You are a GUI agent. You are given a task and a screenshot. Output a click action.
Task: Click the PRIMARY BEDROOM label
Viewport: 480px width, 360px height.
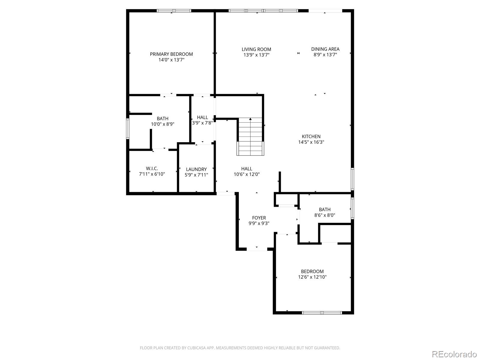171,54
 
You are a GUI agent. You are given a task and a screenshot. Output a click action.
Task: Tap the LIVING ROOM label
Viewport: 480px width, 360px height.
256,49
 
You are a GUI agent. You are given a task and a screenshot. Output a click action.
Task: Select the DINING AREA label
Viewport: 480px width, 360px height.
325,49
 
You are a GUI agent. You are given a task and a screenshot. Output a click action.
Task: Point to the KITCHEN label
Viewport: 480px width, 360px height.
311,136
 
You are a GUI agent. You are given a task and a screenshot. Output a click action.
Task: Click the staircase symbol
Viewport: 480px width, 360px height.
251,136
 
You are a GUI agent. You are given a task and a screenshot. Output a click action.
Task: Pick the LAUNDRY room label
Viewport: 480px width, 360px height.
196,169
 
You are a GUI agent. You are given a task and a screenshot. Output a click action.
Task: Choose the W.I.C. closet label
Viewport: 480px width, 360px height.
152,169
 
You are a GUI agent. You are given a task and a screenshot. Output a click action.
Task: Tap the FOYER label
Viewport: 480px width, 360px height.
259,218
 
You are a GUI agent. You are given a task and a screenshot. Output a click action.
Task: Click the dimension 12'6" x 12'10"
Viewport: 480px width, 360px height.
312,277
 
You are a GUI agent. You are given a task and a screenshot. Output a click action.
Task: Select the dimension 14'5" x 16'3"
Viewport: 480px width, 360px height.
311,142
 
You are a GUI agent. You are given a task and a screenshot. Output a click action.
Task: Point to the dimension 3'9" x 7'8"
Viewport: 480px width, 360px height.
202,123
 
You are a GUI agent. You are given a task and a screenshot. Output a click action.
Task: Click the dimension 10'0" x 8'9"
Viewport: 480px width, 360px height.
163,124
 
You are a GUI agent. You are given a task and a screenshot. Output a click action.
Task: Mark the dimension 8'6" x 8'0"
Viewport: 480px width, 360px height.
325,215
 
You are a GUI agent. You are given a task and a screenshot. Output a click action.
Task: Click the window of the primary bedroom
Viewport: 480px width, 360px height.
174,11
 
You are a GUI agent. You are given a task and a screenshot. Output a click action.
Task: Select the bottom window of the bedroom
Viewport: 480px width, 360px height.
322,313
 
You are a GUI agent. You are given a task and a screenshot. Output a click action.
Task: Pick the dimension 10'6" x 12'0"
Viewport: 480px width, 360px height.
247,174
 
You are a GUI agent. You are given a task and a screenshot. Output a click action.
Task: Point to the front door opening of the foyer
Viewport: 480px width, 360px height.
257,249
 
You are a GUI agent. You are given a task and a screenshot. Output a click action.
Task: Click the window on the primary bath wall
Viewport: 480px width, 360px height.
127,128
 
